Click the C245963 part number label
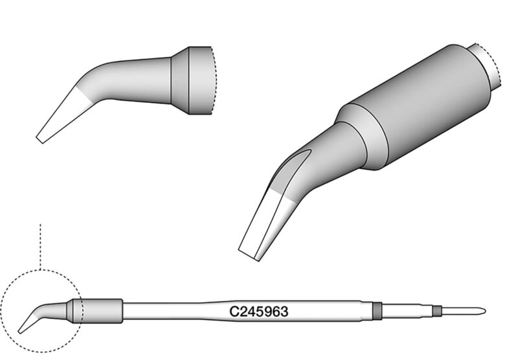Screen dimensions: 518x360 click(258, 311)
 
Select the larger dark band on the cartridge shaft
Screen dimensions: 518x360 click(377, 311)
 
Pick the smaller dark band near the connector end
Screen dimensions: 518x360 click(437, 310)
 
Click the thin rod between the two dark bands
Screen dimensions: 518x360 click(407, 310)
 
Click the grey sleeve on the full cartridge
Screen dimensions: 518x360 click(98, 311)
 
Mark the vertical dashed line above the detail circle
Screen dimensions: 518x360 click(40, 247)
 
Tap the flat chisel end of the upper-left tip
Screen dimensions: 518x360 click(39, 140)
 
